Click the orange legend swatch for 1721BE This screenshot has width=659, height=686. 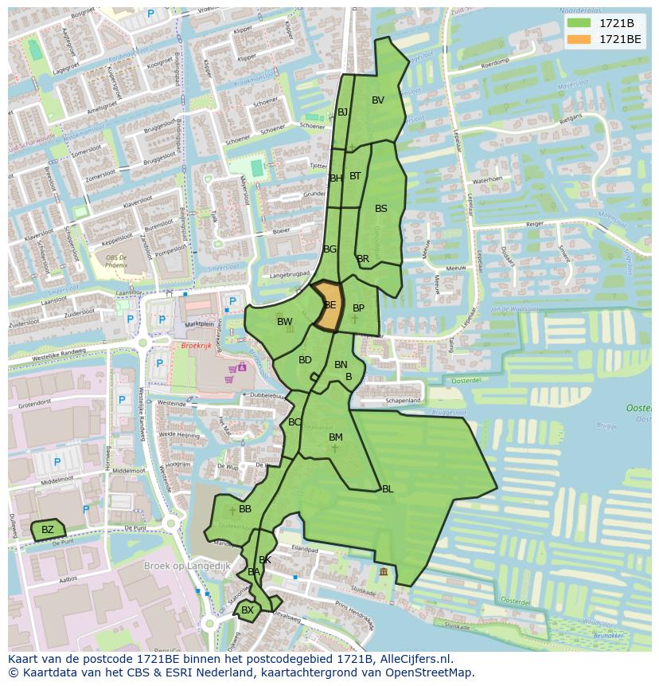tap(579, 39)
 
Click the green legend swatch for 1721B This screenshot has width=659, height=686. tap(579, 23)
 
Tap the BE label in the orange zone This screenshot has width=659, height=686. tap(330, 305)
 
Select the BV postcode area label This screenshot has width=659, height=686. tap(378, 100)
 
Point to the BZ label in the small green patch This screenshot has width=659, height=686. tap(48, 530)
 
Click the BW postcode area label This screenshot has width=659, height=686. tap(284, 322)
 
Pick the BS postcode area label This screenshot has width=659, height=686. tap(381, 209)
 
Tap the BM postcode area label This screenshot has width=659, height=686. tap(336, 437)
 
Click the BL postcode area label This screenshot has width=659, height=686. tap(388, 489)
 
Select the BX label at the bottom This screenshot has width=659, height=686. tap(248, 610)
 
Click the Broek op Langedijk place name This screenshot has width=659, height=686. tap(187, 566)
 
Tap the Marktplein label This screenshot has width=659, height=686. tap(199, 324)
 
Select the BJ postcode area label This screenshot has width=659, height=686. tap(343, 112)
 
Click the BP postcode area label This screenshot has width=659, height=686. tap(358, 308)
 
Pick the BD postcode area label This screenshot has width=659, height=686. tap(305, 360)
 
